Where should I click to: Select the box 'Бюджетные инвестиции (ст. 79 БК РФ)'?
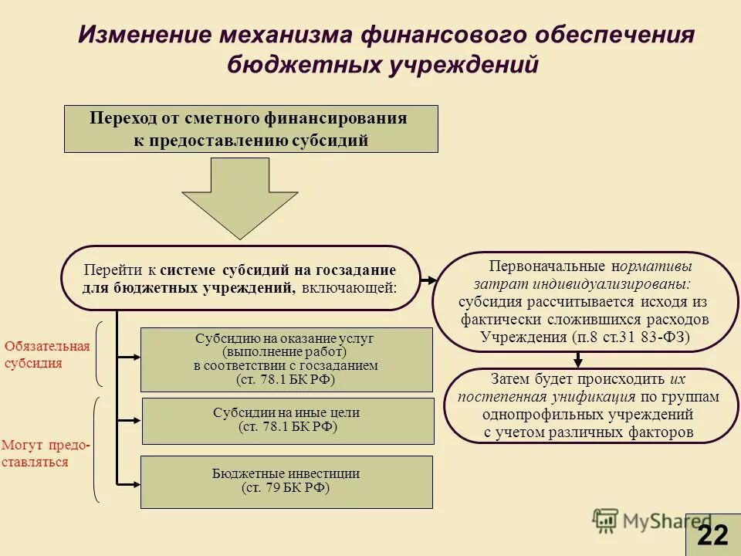[286, 481]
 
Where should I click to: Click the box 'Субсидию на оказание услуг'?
[286, 359]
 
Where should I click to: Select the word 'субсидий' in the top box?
[330, 140]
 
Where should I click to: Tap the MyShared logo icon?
[606, 520]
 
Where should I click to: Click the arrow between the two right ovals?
[578, 359]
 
